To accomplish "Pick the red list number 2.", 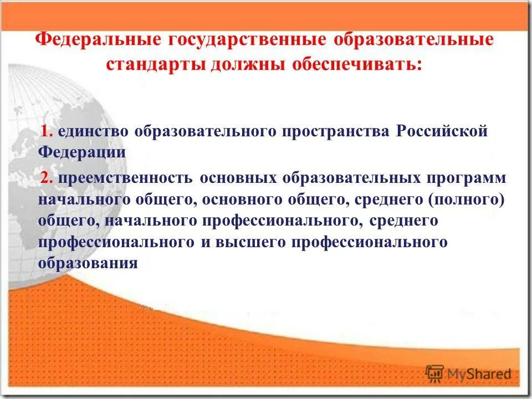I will (47, 178).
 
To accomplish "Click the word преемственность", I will (124, 178).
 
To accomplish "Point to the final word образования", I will (88, 263).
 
